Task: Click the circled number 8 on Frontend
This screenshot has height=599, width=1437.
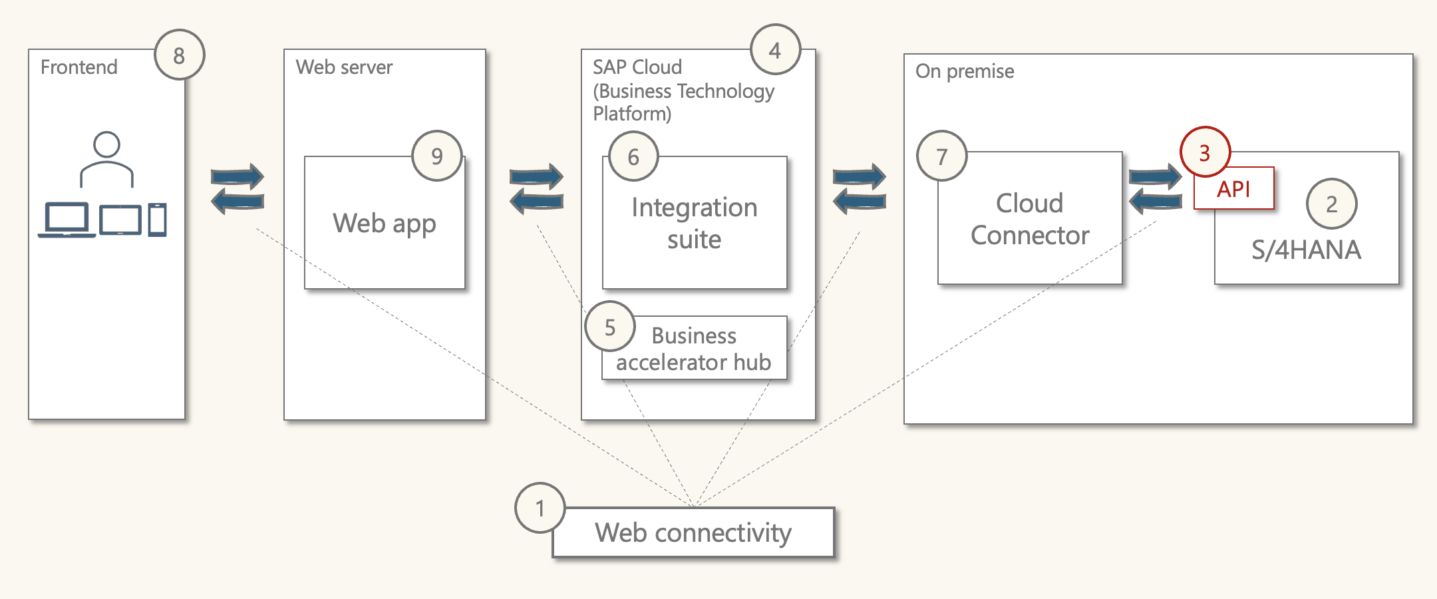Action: click(x=180, y=55)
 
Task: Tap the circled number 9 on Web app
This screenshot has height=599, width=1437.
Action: click(x=437, y=156)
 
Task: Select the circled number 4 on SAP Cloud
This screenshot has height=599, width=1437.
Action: click(x=775, y=50)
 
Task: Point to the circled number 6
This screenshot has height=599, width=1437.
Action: click(x=633, y=156)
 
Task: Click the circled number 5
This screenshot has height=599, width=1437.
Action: click(x=610, y=327)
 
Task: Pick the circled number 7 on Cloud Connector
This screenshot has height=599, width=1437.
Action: click(x=941, y=156)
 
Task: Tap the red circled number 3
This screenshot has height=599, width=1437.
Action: click(x=1205, y=152)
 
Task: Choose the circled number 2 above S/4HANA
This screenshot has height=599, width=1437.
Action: click(x=1331, y=204)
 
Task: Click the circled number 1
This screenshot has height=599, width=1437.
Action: click(x=540, y=508)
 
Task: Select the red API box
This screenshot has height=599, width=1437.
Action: click(x=1234, y=189)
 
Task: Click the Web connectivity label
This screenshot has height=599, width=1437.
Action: click(x=693, y=532)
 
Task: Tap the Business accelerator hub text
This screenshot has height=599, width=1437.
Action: click(x=693, y=349)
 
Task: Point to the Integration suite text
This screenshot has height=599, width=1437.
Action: click(x=694, y=223)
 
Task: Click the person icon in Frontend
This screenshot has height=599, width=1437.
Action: click(x=106, y=160)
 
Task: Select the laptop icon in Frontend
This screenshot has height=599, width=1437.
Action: click(x=67, y=220)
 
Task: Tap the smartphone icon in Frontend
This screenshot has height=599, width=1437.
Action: click(x=158, y=220)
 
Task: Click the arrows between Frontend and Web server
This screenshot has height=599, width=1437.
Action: click(x=238, y=188)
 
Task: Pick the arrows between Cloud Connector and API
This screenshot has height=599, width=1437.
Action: click(x=1156, y=189)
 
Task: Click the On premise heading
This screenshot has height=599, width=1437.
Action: click(x=965, y=71)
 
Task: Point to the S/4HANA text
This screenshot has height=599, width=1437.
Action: click(x=1306, y=250)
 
